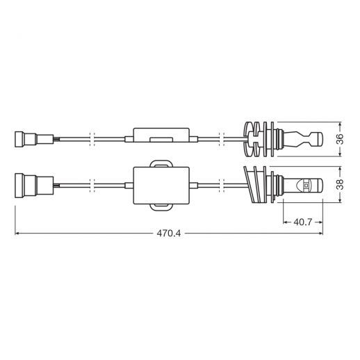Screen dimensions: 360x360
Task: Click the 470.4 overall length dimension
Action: [169, 234]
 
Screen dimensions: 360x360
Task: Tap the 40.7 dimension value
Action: [303, 222]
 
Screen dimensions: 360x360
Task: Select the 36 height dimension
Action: [340, 139]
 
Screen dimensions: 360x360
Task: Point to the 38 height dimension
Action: [340, 184]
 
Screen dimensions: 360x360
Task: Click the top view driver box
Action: [161, 135]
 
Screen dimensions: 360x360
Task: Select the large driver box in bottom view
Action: [161, 186]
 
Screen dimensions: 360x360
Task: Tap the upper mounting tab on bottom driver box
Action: [161, 163]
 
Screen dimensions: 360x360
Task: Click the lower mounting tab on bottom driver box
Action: [161, 208]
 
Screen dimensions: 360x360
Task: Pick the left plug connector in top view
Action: [34, 139]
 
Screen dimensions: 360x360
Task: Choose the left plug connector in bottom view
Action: [34, 186]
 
